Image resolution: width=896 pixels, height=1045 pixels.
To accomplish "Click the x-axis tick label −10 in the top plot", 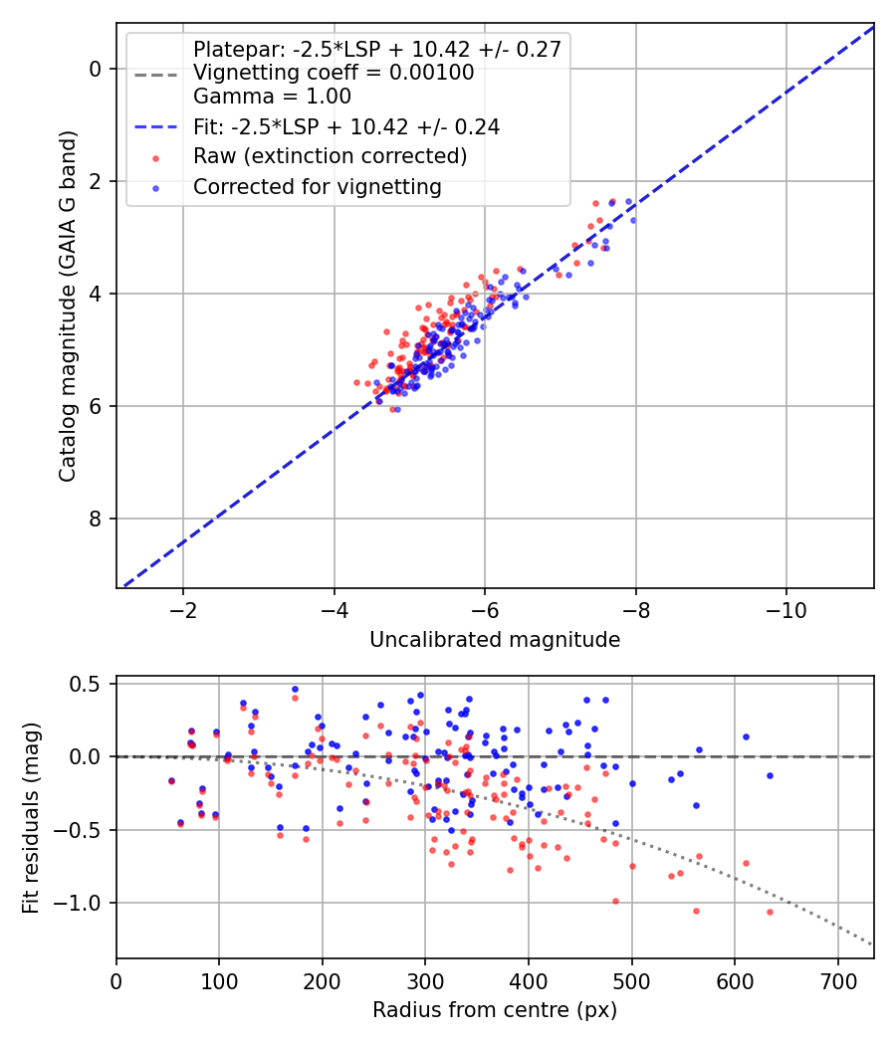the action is (x=786, y=610).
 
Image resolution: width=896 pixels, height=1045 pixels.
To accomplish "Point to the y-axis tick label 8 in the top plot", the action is (x=96, y=519).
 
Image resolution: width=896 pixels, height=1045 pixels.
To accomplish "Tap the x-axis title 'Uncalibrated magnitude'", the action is (x=495, y=640).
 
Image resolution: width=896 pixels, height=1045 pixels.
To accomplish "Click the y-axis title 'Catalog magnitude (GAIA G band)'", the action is (x=68, y=306).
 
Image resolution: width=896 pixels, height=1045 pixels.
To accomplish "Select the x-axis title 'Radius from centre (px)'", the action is (x=495, y=1010).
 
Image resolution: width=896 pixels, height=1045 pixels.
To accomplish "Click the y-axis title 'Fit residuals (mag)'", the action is (x=31, y=818).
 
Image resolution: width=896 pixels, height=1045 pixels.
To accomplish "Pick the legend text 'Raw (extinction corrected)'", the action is (x=330, y=156).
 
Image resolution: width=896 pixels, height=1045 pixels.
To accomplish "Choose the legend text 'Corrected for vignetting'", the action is (x=318, y=187).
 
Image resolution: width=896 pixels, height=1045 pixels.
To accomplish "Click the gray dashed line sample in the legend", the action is (x=156, y=76).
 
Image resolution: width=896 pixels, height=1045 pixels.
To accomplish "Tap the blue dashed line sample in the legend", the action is (x=156, y=126).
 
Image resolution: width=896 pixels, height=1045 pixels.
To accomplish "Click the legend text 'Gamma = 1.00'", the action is (x=272, y=97).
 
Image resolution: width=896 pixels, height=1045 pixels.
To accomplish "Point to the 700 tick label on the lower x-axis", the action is (x=838, y=981).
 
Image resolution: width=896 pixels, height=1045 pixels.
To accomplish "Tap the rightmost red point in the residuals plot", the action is (x=770, y=912).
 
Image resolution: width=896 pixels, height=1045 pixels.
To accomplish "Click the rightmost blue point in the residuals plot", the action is (x=770, y=775).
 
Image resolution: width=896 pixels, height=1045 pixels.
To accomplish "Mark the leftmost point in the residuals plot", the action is (x=171, y=781).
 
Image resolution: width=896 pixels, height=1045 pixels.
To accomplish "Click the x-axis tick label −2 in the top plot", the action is (x=183, y=610).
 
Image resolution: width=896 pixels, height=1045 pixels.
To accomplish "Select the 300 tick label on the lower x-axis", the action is (x=425, y=981).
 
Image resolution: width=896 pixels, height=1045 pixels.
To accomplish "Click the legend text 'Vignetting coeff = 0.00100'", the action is (x=334, y=73).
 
